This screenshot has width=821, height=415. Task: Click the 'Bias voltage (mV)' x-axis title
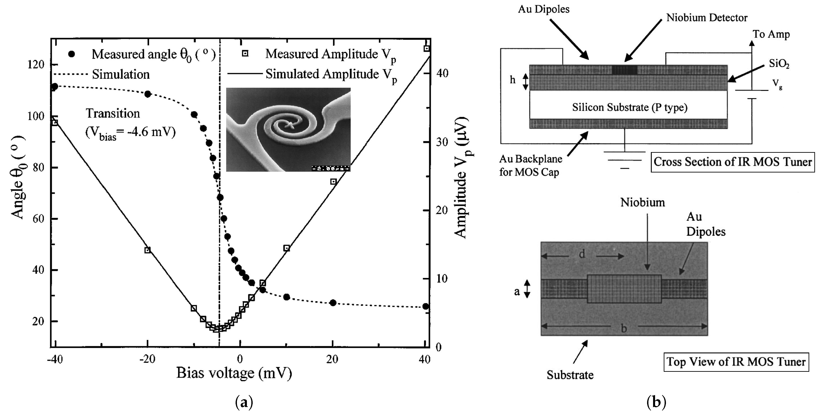(234, 373)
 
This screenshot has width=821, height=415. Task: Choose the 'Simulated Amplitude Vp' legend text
(331, 74)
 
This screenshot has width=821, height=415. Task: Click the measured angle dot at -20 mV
(148, 94)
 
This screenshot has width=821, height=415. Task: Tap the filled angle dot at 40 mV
(425, 306)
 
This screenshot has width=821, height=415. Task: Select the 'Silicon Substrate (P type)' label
(630, 107)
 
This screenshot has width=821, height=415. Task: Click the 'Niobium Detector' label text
(707, 18)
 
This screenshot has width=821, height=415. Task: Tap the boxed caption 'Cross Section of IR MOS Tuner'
(732, 162)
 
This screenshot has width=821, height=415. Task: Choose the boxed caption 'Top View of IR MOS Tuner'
(736, 362)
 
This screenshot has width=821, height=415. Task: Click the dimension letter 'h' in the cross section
(512, 80)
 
